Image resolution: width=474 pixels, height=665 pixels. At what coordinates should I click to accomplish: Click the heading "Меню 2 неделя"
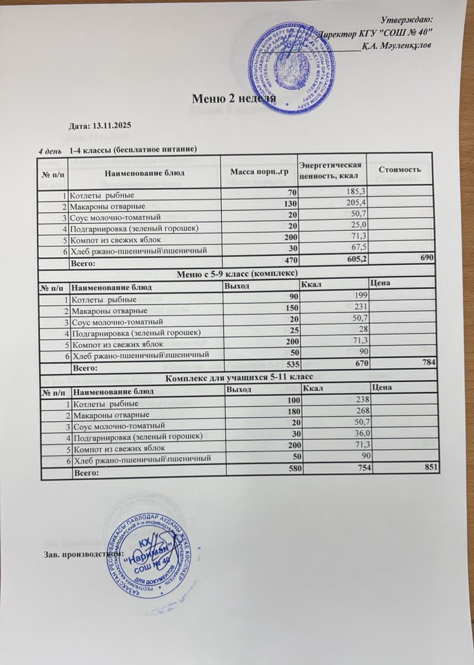[233, 98]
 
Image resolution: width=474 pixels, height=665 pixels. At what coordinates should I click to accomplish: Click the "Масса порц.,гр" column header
[259, 172]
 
